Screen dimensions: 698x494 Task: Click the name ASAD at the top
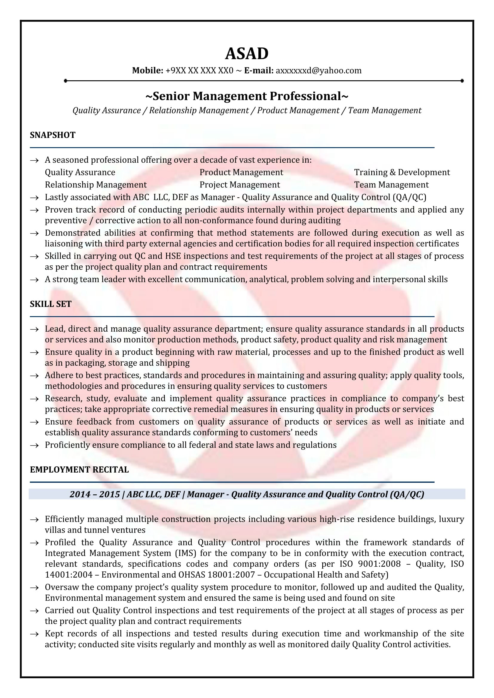click(247, 54)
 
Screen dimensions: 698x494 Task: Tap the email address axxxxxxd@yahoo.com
click(318, 70)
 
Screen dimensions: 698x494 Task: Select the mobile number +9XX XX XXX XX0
click(199, 70)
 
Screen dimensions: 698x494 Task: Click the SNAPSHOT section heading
click(53, 135)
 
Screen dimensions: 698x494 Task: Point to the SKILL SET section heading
click(50, 304)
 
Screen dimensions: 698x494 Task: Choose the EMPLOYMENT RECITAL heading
click(79, 470)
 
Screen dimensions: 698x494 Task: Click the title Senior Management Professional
click(247, 96)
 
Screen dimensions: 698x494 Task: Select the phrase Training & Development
click(402, 172)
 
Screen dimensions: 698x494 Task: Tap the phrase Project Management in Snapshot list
click(240, 185)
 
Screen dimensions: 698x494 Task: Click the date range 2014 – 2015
click(94, 494)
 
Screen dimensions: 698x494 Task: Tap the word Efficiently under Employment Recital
click(65, 519)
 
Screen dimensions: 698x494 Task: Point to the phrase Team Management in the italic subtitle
click(384, 110)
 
